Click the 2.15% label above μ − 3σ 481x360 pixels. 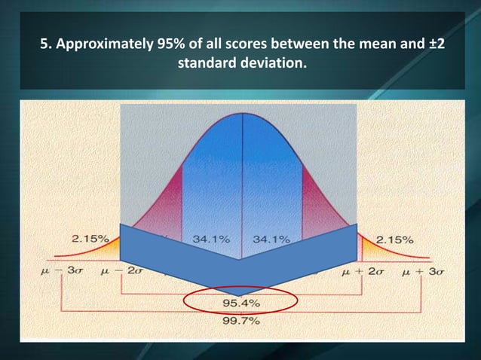[x=89, y=239]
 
